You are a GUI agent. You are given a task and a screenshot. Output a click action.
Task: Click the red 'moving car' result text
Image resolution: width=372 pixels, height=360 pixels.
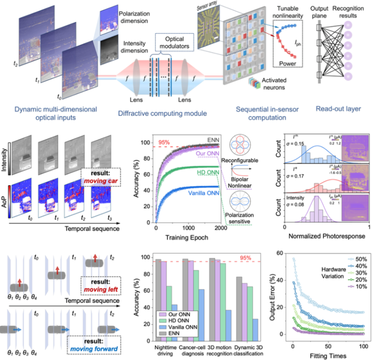pyautogui.click(x=103, y=169)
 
